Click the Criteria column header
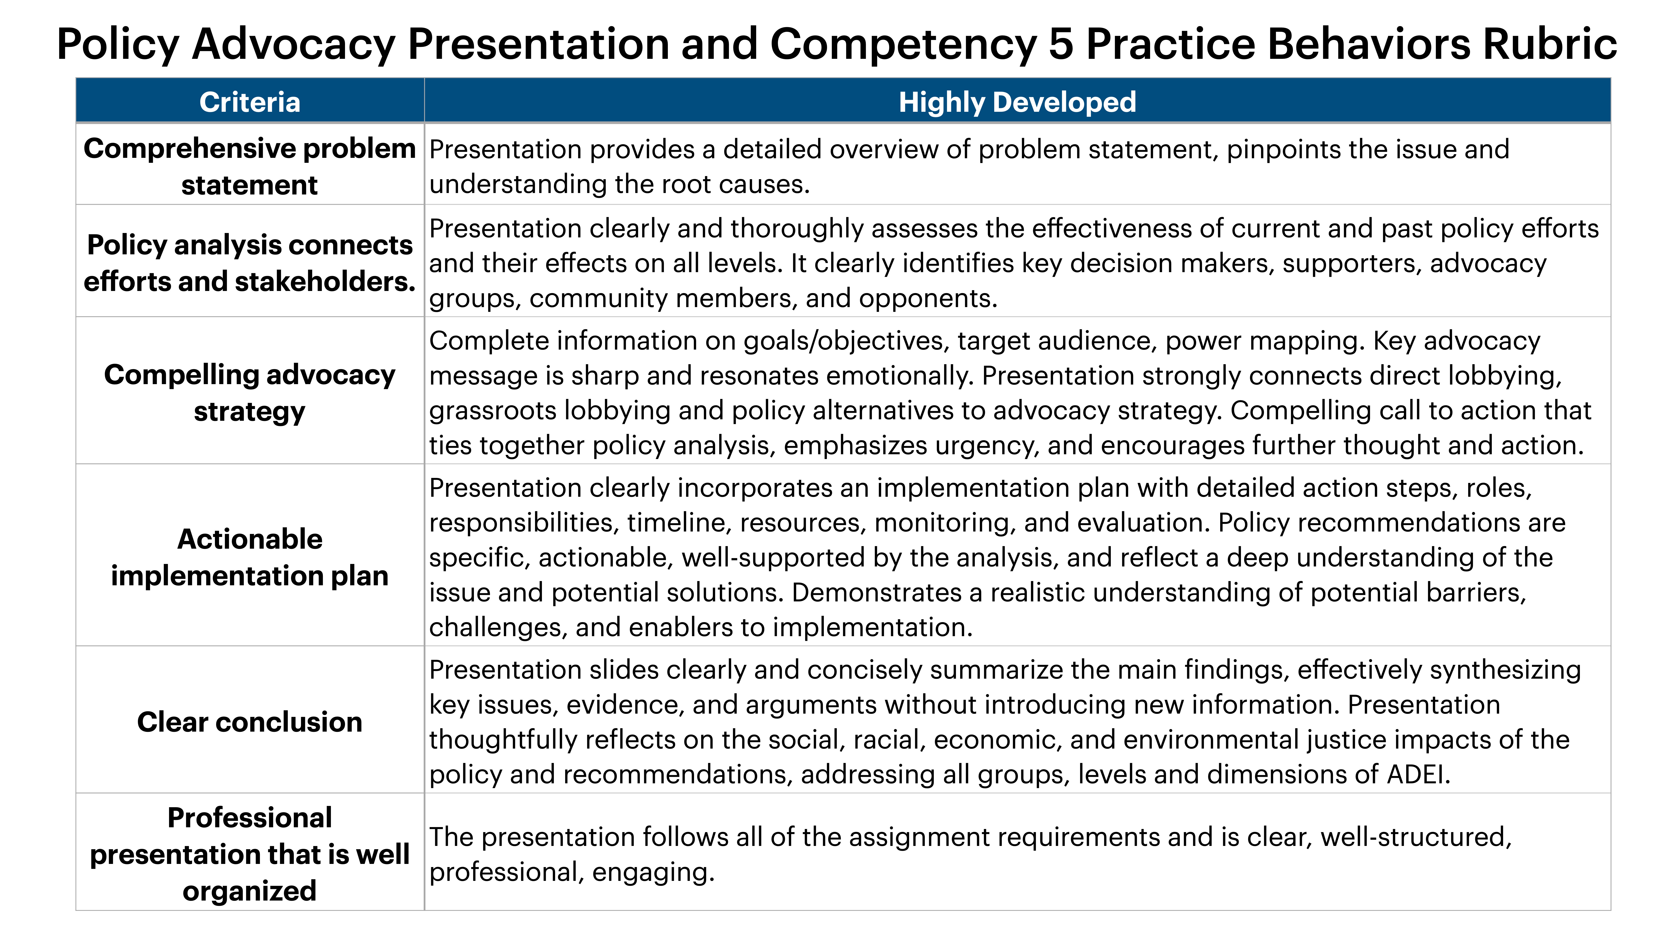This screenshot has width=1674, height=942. pyautogui.click(x=250, y=102)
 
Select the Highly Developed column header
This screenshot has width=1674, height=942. pyautogui.click(x=1017, y=102)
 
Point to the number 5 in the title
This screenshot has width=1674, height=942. pyautogui.click(x=1061, y=44)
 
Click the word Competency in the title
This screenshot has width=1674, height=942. pyautogui.click(x=903, y=44)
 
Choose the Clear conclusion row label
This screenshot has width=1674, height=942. pyautogui.click(x=250, y=722)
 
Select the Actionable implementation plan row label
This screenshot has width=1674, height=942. pyautogui.click(x=250, y=557)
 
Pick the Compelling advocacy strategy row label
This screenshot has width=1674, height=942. pyautogui.click(x=250, y=393)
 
